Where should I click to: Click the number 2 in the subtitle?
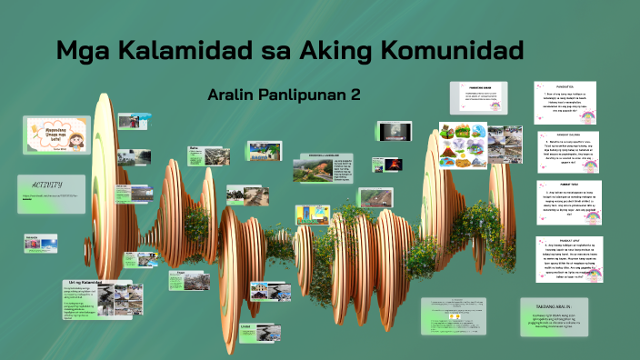coord(355,95)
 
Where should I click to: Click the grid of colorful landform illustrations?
coord(462,145)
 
